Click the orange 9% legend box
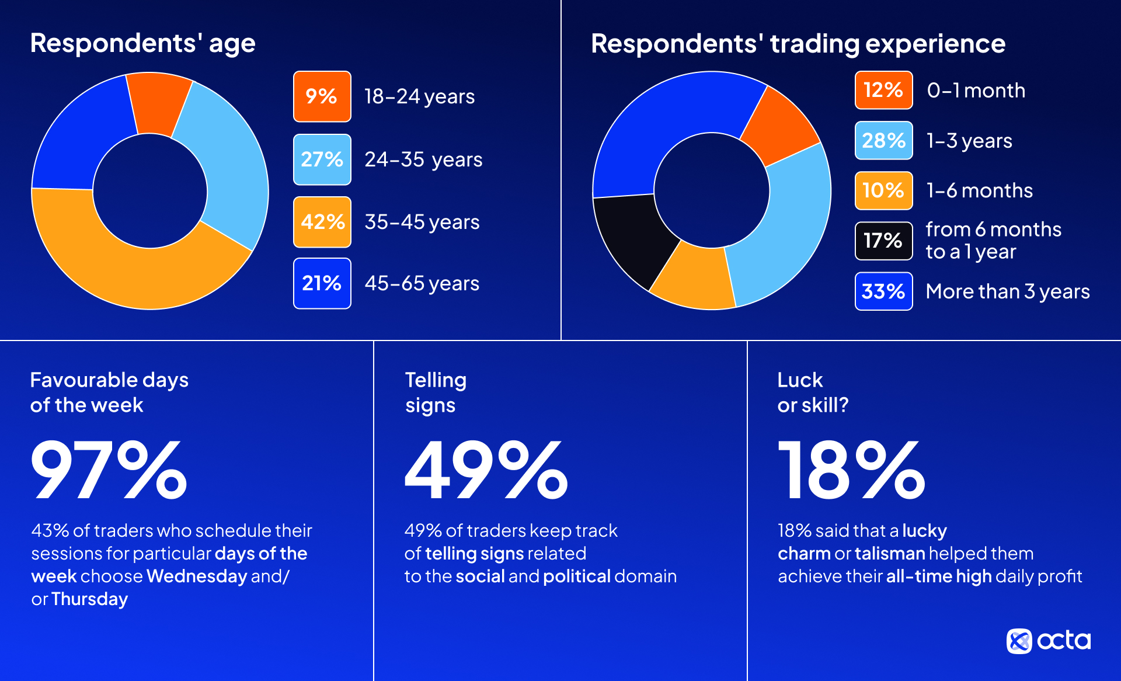click(x=322, y=96)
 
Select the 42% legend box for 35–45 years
click(x=322, y=222)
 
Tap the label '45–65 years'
click(x=422, y=284)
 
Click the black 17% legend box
click(x=883, y=241)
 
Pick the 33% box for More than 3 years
click(x=883, y=291)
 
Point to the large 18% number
click(x=851, y=470)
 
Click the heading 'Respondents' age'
click(x=142, y=43)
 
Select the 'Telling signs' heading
click(x=436, y=392)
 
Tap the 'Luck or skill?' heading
click(x=813, y=392)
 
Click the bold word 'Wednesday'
click(x=197, y=576)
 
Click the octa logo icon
click(x=1019, y=641)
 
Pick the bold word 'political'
click(x=577, y=576)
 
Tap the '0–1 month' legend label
click(x=976, y=91)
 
